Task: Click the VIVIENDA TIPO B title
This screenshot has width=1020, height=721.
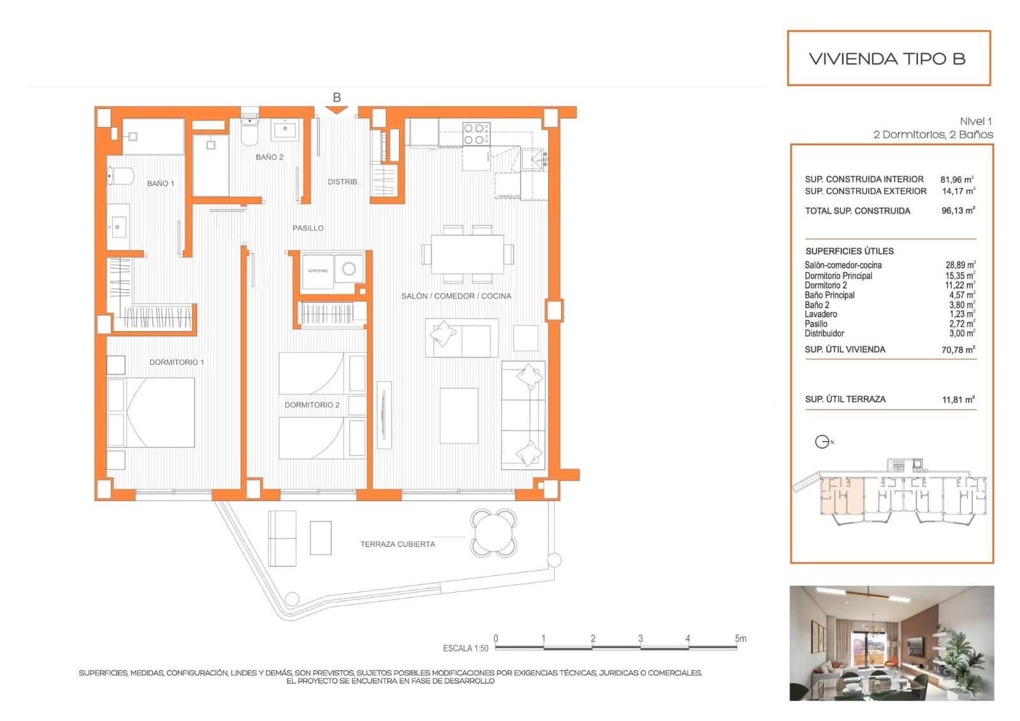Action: click(887, 59)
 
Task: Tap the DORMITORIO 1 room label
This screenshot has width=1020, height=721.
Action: click(177, 362)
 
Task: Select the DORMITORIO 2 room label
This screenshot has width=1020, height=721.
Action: click(312, 405)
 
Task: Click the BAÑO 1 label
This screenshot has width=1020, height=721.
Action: click(160, 183)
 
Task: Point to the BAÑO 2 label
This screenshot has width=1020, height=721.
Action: click(269, 157)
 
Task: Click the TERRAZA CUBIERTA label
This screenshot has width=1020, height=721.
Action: click(397, 544)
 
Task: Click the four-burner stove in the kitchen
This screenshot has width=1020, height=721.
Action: click(476, 133)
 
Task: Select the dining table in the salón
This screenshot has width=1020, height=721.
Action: click(467, 254)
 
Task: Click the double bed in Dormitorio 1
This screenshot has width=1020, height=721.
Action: click(151, 412)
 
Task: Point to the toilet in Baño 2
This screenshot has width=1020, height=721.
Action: click(249, 131)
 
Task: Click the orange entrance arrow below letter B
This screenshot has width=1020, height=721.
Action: click(337, 110)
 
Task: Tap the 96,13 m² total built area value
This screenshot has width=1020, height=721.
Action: click(958, 211)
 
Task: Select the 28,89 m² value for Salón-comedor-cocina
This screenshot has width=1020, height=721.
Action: click(959, 265)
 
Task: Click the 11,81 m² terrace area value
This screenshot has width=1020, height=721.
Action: click(958, 399)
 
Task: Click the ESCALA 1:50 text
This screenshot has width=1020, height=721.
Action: click(465, 648)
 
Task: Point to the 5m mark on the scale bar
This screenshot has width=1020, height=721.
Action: click(739, 639)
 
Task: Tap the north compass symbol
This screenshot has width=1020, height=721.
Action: click(822, 442)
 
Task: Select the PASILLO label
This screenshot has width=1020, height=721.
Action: click(308, 228)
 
